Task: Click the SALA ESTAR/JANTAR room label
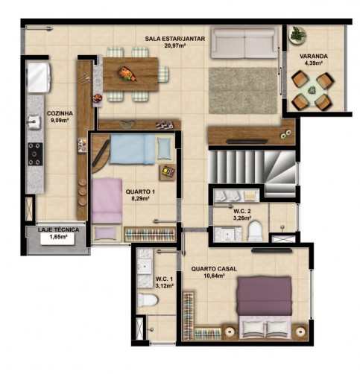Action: click(175, 39)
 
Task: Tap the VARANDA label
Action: click(313, 56)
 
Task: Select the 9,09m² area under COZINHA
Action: click(60, 120)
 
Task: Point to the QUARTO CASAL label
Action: click(214, 269)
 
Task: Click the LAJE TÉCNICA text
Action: click(59, 229)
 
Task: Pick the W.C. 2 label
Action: click(242, 212)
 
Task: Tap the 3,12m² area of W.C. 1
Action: click(164, 285)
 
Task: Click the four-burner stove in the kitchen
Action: click(35, 154)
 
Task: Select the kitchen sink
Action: click(34, 122)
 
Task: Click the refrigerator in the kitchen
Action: click(40, 77)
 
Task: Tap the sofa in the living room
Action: click(244, 43)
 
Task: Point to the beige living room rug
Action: click(243, 90)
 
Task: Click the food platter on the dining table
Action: click(127, 74)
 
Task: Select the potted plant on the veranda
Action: click(297, 35)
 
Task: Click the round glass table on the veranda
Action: click(313, 90)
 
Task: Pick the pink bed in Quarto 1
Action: click(107, 200)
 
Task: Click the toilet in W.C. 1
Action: click(148, 299)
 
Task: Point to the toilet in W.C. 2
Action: click(255, 231)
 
